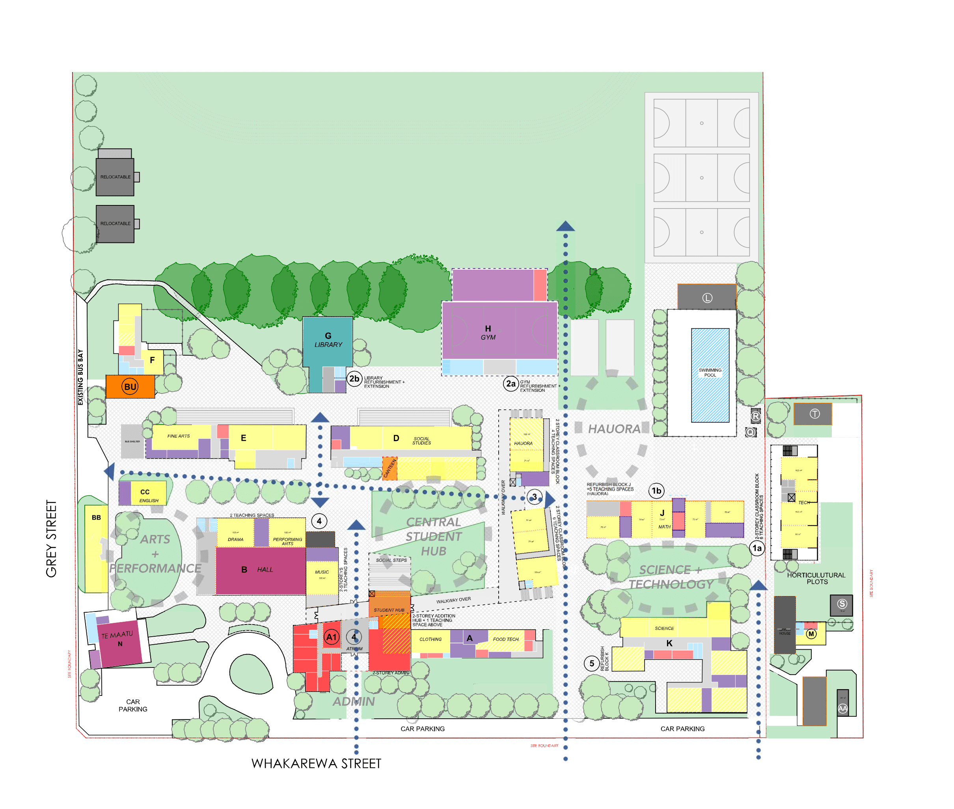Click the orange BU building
(x=130, y=387)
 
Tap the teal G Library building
(x=328, y=341)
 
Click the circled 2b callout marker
(x=354, y=379)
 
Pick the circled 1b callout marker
(x=656, y=491)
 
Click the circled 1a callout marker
(x=756, y=548)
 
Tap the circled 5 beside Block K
(x=591, y=663)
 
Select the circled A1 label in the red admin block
(x=331, y=637)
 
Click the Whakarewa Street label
(x=316, y=764)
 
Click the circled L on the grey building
(x=707, y=298)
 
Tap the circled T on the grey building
(x=814, y=414)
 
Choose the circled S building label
(x=841, y=604)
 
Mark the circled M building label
(x=811, y=634)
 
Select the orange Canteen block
(x=389, y=468)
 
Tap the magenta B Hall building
(x=260, y=570)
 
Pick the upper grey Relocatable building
(x=115, y=177)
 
